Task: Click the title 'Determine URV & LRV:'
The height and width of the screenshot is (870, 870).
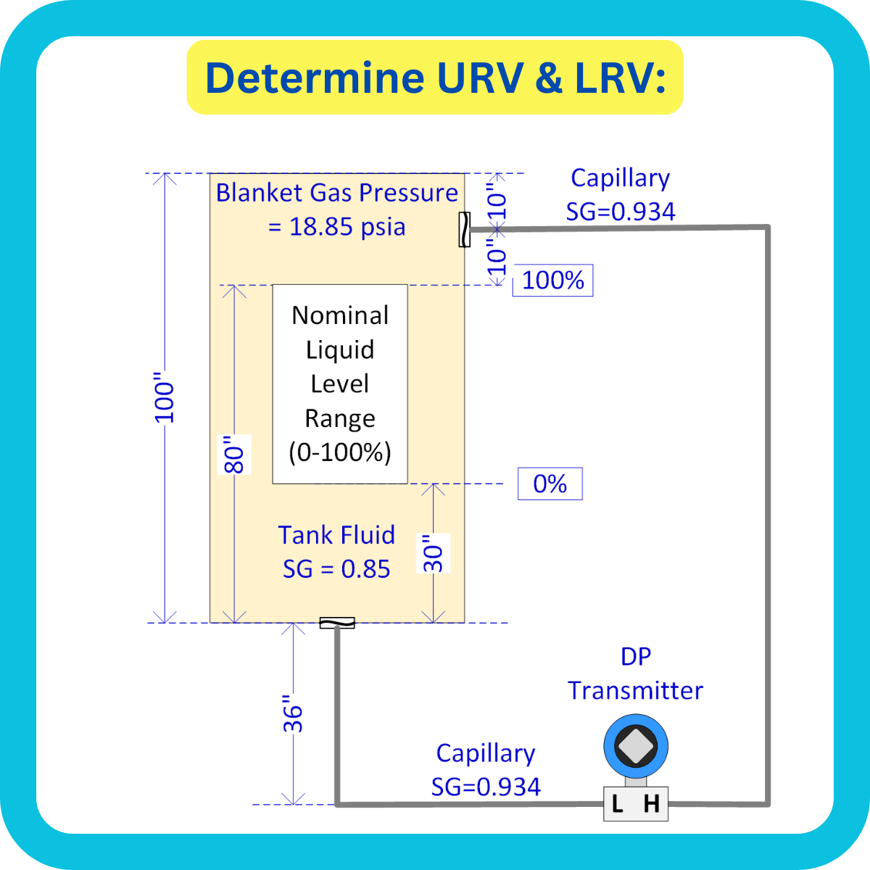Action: point(435,78)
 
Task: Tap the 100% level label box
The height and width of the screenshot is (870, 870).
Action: point(553,281)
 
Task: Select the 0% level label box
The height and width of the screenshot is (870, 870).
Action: point(550,484)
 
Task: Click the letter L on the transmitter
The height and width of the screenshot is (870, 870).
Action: point(618,803)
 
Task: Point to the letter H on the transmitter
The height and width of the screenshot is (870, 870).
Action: point(652,803)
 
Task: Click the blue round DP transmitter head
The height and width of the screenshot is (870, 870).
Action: point(636,747)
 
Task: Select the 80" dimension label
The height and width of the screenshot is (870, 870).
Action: point(234,455)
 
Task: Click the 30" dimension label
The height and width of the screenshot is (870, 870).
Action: point(433,553)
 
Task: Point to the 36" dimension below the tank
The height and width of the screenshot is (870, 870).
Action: point(292,714)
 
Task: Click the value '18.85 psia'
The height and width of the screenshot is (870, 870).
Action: point(347,227)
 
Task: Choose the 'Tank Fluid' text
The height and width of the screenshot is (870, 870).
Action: point(336,535)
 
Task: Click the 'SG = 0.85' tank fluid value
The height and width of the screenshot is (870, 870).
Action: point(336,569)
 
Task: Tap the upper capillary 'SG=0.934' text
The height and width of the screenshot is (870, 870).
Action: point(621,212)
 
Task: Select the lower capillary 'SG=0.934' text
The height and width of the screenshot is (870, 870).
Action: point(486,787)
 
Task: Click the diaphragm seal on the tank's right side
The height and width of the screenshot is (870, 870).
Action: point(464,229)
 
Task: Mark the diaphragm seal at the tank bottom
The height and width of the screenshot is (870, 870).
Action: point(337,623)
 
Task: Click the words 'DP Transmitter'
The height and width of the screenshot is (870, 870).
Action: point(636,674)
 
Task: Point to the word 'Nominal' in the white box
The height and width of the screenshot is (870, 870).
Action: point(340,315)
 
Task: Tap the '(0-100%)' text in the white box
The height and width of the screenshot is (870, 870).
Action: point(340,452)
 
